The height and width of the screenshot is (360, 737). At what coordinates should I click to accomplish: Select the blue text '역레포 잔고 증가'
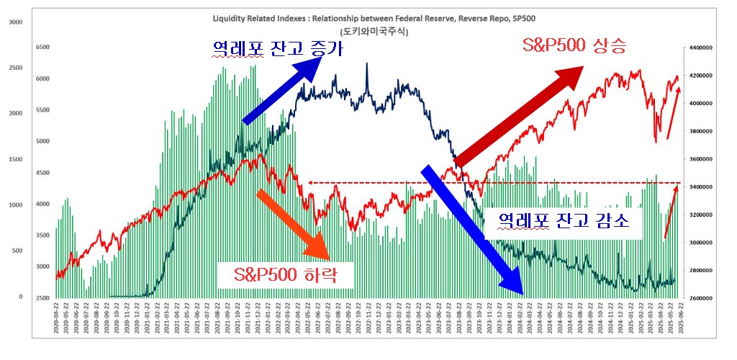click(277, 50)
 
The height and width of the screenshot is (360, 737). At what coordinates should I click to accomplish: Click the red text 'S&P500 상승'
click(574, 48)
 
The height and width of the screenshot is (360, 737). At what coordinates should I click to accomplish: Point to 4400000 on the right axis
click(700, 48)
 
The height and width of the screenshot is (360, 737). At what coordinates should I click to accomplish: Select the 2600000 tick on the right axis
click(700, 297)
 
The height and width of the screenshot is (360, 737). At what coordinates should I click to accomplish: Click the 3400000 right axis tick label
click(700, 186)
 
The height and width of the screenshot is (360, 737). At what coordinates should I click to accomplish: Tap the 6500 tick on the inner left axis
click(42, 48)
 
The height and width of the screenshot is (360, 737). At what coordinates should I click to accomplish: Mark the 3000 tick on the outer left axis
click(14, 22)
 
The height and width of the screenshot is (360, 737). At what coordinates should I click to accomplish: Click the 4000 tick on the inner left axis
click(42, 204)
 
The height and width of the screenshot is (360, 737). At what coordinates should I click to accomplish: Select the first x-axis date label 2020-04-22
click(57, 318)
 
